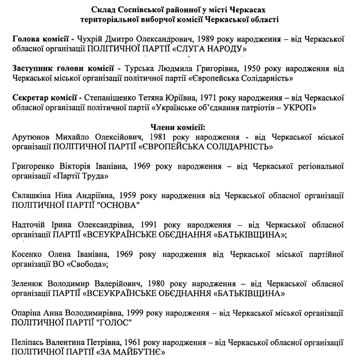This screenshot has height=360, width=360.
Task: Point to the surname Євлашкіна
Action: point(32,195)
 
